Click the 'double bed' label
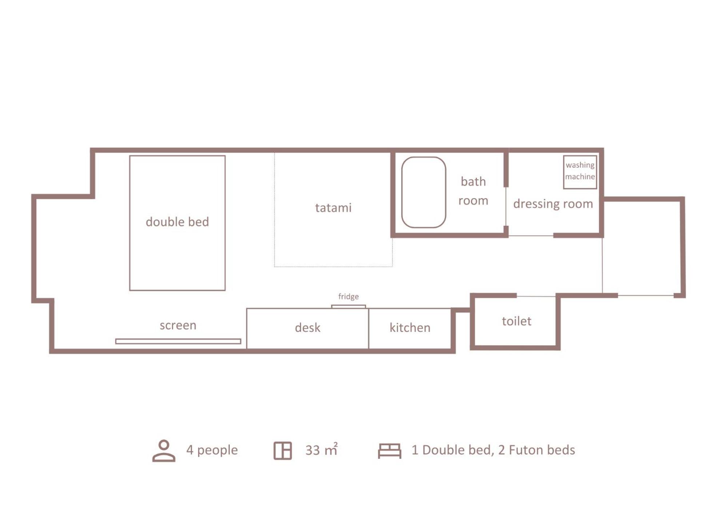[x=177, y=222]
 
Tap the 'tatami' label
[x=333, y=208]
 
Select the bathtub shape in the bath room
[x=402, y=192]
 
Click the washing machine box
[x=564, y=172]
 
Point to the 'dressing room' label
[x=553, y=204]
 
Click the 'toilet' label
[x=516, y=321]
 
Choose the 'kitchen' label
[x=410, y=328]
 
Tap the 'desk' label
[x=308, y=328]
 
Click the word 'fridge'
[x=348, y=297]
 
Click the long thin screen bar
[x=178, y=341]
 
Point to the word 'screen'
[x=178, y=325]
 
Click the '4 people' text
[x=212, y=450]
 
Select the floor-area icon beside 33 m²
[x=283, y=451]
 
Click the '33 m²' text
[x=321, y=449]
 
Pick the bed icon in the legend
[x=390, y=451]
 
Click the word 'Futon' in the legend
[x=525, y=450]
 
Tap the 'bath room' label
[x=473, y=191]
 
